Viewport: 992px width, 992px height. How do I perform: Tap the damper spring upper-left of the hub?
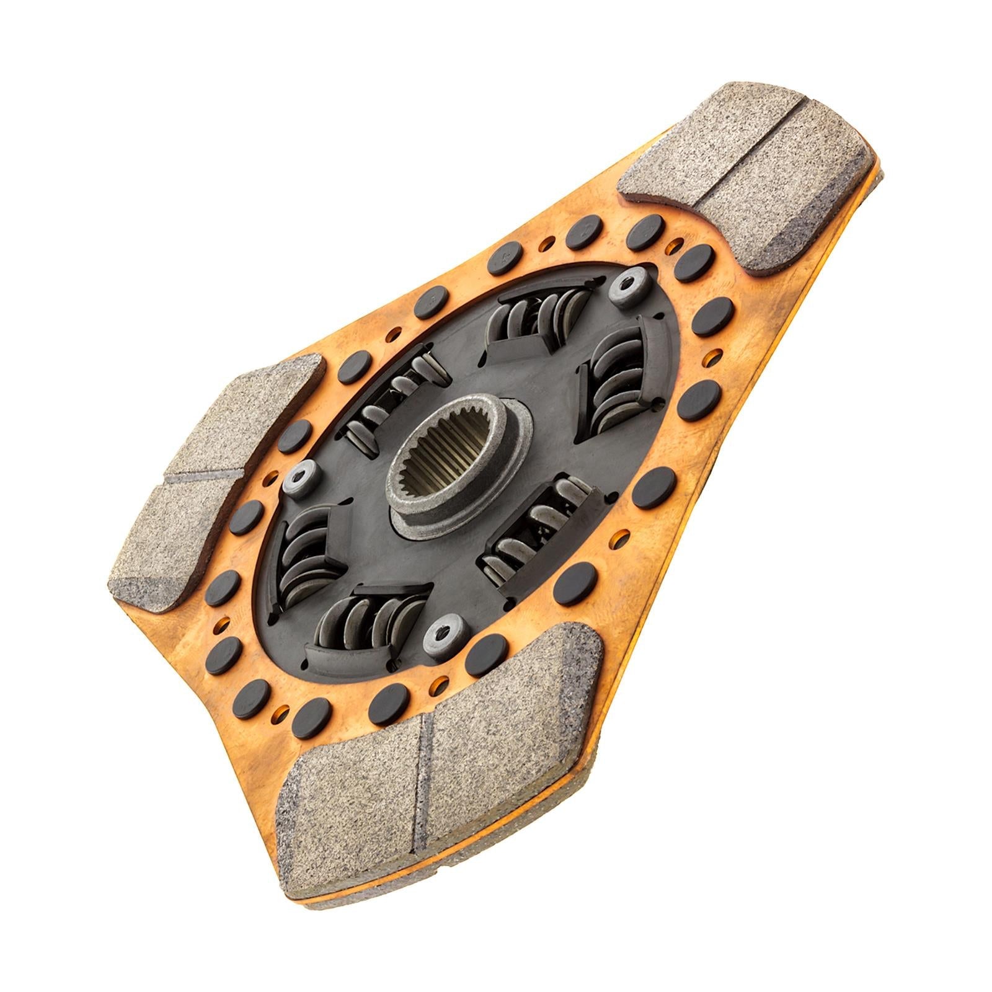tap(397, 403)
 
